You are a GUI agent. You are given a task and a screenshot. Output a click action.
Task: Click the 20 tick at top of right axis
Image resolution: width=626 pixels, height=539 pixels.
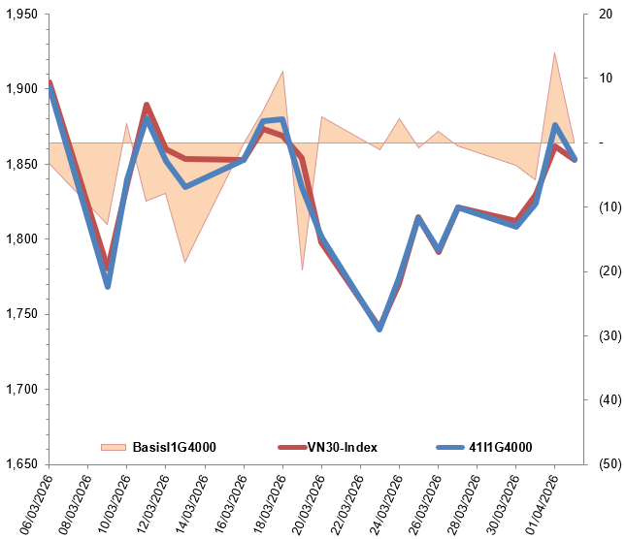(606, 15)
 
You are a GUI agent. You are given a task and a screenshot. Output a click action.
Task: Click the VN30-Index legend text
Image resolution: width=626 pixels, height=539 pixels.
(344, 447)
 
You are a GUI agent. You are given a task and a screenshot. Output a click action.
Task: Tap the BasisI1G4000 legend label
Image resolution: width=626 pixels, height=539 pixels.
(174, 447)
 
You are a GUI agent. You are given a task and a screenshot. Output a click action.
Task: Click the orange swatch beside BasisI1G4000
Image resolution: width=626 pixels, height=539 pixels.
(114, 447)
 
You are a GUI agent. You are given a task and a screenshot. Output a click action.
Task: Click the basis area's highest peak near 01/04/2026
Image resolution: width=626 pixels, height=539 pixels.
(554, 53)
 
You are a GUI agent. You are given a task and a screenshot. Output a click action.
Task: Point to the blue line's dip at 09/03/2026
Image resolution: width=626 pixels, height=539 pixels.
(108, 286)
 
